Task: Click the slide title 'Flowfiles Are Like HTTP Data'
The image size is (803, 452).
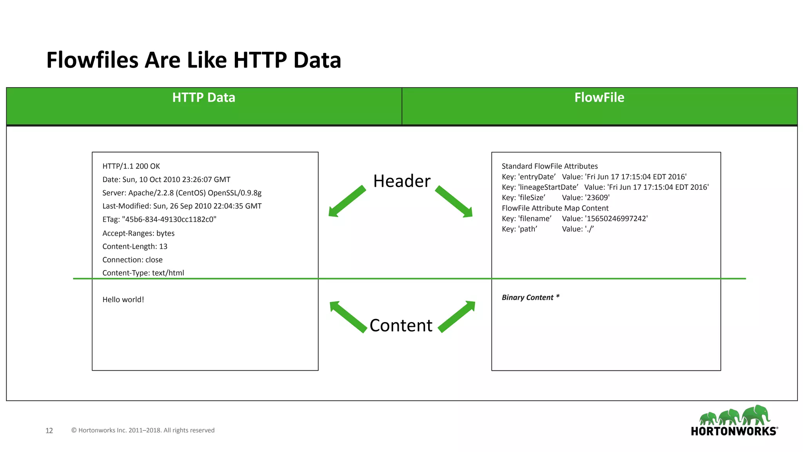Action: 194,60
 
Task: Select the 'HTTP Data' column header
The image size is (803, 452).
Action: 203,98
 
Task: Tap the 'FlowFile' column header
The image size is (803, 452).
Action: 599,98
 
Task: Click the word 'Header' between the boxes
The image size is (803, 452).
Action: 401,181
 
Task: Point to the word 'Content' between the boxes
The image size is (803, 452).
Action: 401,326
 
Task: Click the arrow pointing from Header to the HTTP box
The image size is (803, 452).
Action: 347,201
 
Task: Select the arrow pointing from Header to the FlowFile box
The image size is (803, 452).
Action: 454,202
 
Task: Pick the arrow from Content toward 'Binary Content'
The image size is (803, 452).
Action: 457,316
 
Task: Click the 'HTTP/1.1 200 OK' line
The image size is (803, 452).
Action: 131,166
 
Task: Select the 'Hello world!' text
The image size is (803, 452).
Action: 123,300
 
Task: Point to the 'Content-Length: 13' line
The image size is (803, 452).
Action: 135,246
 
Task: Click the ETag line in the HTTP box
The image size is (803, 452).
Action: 159,219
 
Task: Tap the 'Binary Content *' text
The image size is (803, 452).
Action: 530,297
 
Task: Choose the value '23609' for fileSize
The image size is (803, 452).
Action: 597,198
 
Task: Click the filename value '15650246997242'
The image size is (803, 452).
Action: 616,219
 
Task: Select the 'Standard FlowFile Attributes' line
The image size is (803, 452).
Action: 550,166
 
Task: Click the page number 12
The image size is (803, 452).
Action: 49,430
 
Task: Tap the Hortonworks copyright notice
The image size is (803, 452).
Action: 143,430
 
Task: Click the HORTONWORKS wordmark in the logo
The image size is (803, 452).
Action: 734,431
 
